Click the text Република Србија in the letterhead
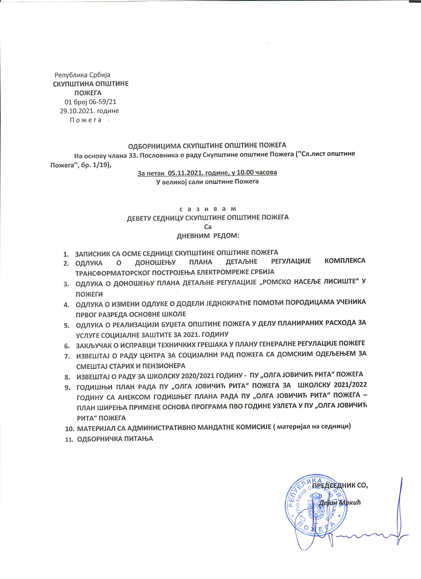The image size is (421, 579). point(82,75)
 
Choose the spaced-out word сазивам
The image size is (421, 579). point(208,209)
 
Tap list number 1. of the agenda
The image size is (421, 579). point(66,254)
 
